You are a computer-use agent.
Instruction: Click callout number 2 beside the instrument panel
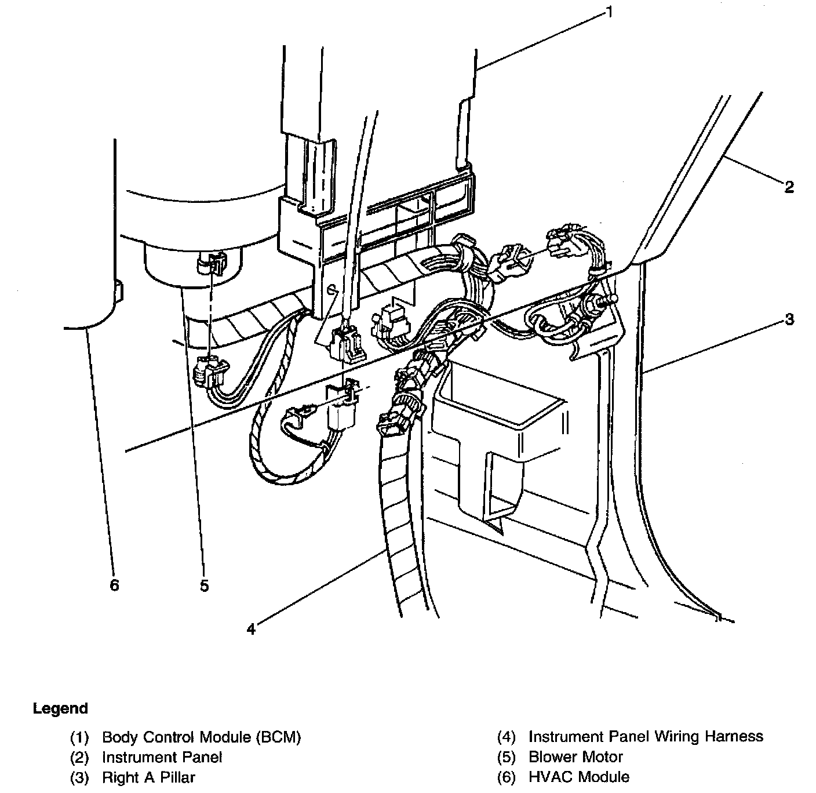tap(789, 187)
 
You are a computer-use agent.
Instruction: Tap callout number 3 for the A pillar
tap(789, 319)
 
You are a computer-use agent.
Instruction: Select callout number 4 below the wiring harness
tap(251, 629)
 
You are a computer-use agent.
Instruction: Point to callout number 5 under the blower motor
tap(204, 586)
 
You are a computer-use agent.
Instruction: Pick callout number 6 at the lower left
tap(115, 585)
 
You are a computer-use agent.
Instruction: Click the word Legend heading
tap(60, 708)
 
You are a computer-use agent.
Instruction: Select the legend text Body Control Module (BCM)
tap(202, 737)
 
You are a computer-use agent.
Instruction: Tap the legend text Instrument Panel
tap(162, 757)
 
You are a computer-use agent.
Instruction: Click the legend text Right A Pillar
tap(148, 777)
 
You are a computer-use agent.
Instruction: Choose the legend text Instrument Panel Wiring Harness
tap(646, 736)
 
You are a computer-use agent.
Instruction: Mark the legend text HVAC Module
tap(578, 777)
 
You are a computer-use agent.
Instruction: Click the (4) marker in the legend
tap(506, 737)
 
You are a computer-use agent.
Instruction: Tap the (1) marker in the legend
tap(79, 737)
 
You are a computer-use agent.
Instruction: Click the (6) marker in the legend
tap(506, 777)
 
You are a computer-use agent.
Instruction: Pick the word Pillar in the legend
tap(177, 777)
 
